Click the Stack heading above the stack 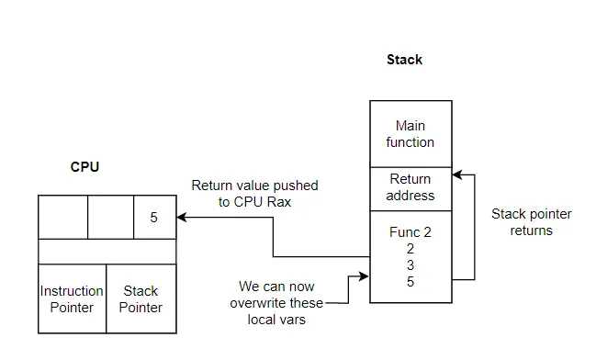[x=404, y=60]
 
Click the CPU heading [x=84, y=167]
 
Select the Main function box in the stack [x=410, y=134]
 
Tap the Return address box [x=410, y=187]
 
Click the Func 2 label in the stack [x=410, y=232]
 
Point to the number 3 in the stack [x=410, y=265]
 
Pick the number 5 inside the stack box [x=410, y=282]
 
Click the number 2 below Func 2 [x=410, y=249]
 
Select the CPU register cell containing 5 [x=153, y=218]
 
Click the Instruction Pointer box [x=73, y=299]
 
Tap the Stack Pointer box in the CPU [x=141, y=299]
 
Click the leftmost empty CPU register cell [x=62, y=218]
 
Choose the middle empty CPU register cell [x=110, y=218]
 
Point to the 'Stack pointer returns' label [x=531, y=222]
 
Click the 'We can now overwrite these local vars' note [x=281, y=302]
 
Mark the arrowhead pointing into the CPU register [x=182, y=218]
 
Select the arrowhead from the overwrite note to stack [x=365, y=275]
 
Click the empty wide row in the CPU [x=107, y=252]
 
